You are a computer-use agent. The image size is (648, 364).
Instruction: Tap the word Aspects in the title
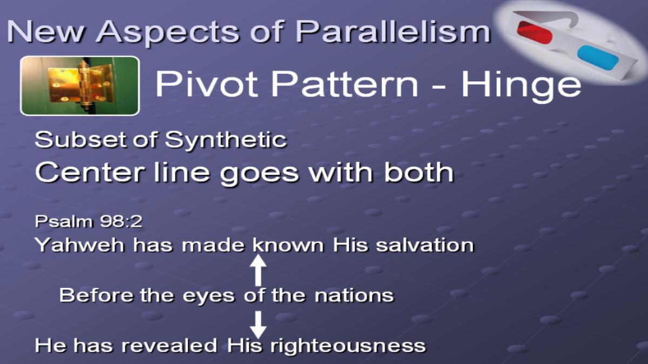(x=168, y=32)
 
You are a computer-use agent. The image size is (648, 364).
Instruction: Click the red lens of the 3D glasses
(x=535, y=32)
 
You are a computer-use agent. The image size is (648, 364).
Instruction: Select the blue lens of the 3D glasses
(x=598, y=58)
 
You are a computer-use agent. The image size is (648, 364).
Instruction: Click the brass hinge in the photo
(x=80, y=85)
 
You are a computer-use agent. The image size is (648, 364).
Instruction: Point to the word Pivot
(x=206, y=84)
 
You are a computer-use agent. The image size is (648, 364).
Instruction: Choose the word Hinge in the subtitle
(x=521, y=86)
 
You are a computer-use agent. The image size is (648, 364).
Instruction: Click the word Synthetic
(x=226, y=140)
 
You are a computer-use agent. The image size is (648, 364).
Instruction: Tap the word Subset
(x=82, y=140)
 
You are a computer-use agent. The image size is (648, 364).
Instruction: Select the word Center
(x=90, y=173)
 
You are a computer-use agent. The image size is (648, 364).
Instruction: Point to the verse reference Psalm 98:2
(x=89, y=222)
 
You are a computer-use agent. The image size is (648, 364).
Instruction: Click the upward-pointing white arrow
(x=258, y=270)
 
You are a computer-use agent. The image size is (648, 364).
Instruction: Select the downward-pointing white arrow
(x=258, y=325)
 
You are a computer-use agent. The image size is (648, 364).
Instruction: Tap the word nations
(x=354, y=296)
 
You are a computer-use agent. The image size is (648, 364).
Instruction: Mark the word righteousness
(x=348, y=346)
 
